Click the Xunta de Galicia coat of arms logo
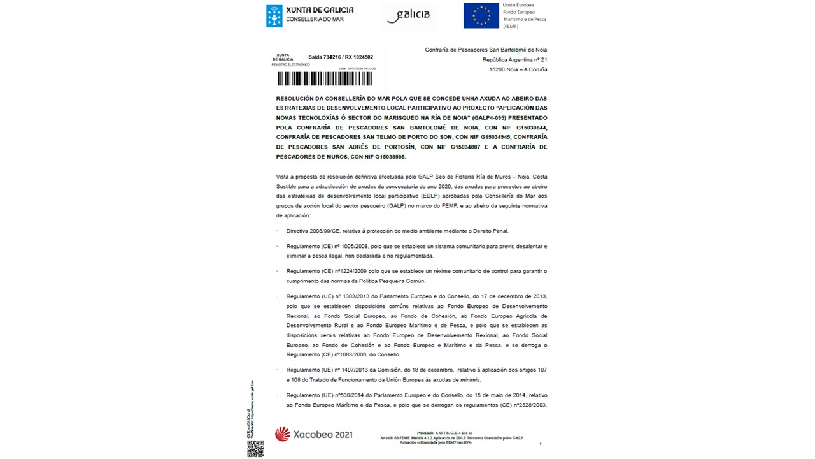274,16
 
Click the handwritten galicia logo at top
409,15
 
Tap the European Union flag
481,16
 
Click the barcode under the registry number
325,79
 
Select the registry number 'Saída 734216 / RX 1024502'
341,57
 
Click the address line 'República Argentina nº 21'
514,60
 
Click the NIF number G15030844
527,127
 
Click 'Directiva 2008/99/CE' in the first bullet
315,231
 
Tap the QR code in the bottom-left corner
255,448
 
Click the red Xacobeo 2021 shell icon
282,435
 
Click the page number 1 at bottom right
540,444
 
